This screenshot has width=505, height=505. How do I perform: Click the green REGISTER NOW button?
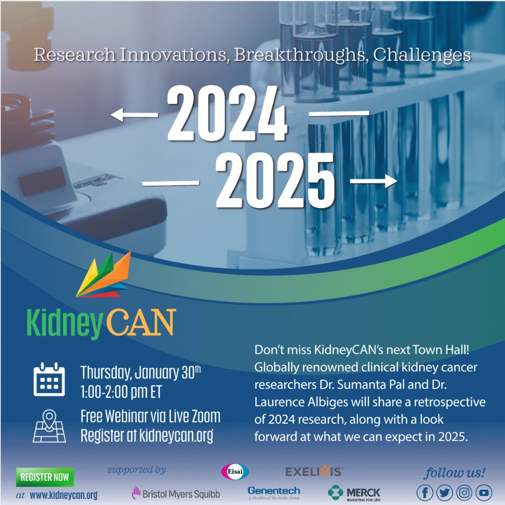(45, 477)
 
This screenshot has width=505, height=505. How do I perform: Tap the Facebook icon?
(425, 493)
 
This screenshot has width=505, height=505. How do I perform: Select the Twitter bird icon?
(445, 493)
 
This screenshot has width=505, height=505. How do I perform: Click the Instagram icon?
(464, 493)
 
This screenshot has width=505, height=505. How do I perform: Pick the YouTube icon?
(484, 493)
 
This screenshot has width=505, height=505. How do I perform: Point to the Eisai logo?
(235, 472)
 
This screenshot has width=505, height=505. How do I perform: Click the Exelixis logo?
(314, 471)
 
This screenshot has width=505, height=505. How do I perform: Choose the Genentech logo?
(274, 493)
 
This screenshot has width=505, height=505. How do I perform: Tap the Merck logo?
(354, 493)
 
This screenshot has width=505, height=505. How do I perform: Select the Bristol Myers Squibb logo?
(176, 494)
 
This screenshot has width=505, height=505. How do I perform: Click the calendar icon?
(49, 379)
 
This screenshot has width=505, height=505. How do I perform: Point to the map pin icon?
(49, 426)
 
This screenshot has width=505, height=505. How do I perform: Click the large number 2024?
(227, 113)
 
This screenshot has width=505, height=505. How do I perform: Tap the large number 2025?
(276, 180)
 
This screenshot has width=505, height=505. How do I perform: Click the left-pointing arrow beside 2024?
(134, 115)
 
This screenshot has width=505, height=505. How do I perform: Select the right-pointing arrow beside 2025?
(374, 181)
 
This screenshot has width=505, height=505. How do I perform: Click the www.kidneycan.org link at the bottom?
(64, 495)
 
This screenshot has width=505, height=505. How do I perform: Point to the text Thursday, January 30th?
(141, 373)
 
